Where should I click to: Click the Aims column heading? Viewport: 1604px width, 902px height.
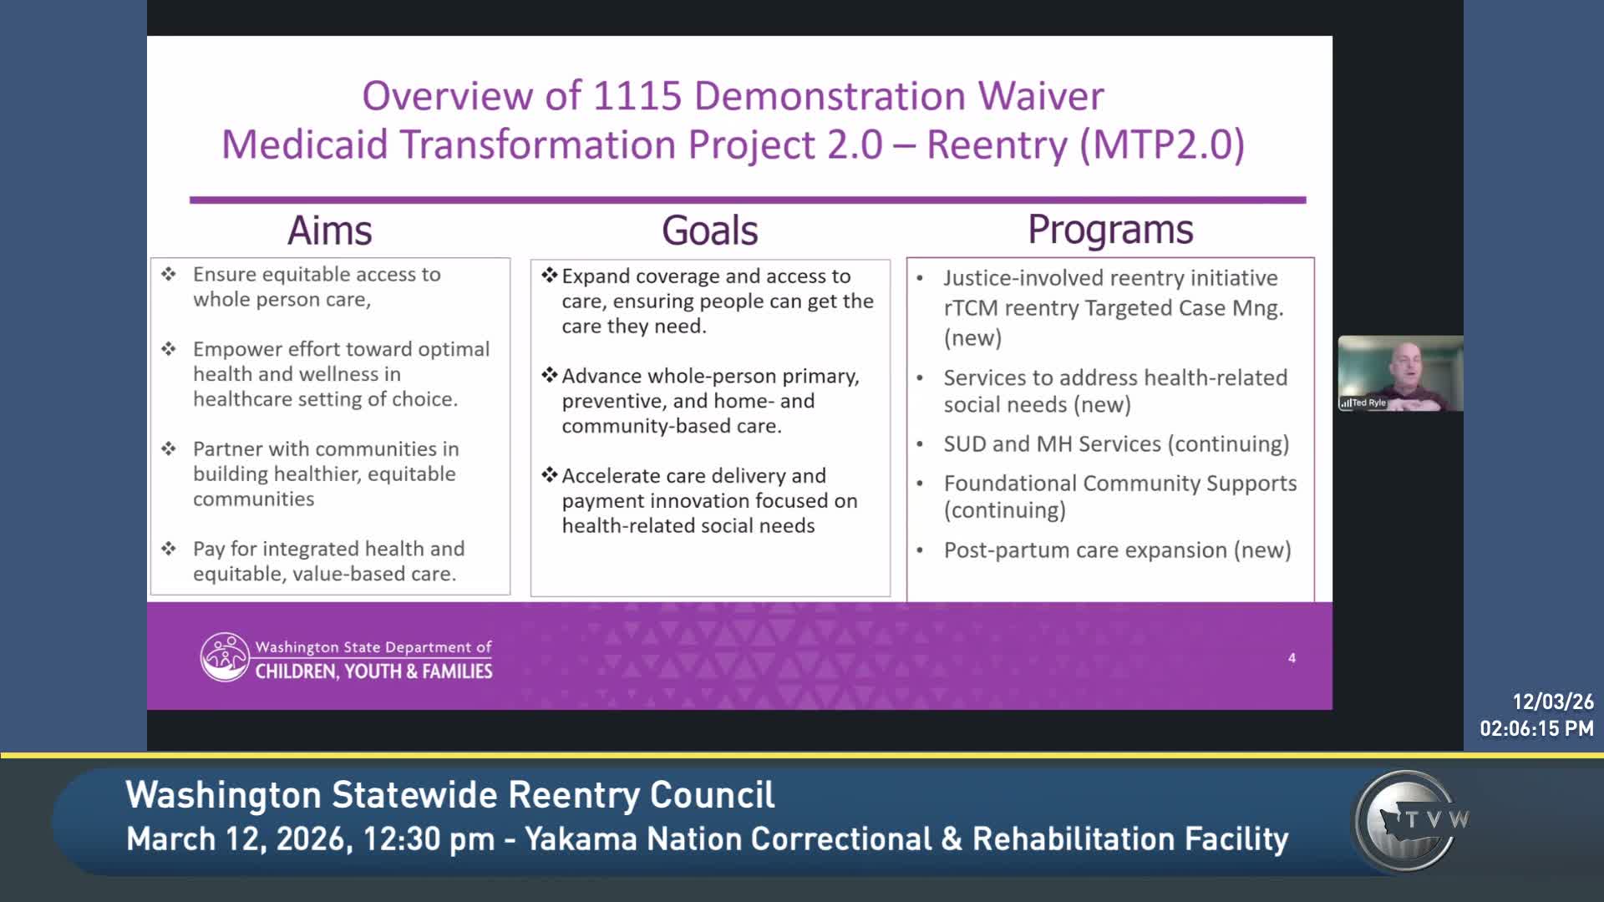(x=330, y=231)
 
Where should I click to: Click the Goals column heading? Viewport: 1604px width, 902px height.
(x=710, y=231)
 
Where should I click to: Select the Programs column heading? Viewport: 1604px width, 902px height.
(x=1110, y=230)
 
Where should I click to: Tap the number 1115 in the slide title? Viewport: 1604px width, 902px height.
(x=637, y=96)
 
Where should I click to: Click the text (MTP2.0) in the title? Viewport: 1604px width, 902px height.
(x=1162, y=144)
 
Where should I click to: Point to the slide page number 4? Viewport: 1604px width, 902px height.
(x=1292, y=658)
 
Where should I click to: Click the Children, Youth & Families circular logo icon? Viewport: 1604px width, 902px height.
(x=225, y=657)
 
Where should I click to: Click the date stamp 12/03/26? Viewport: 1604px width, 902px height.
(x=1553, y=702)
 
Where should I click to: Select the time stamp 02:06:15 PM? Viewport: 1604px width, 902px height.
(x=1536, y=729)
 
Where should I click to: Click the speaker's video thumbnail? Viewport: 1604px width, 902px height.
(x=1401, y=373)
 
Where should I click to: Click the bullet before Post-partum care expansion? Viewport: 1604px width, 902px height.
(x=920, y=550)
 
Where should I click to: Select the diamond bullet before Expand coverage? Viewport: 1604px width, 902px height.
(x=549, y=275)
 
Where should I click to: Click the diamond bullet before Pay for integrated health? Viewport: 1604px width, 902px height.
(x=169, y=548)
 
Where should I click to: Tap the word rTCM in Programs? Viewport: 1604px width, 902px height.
(x=971, y=308)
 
